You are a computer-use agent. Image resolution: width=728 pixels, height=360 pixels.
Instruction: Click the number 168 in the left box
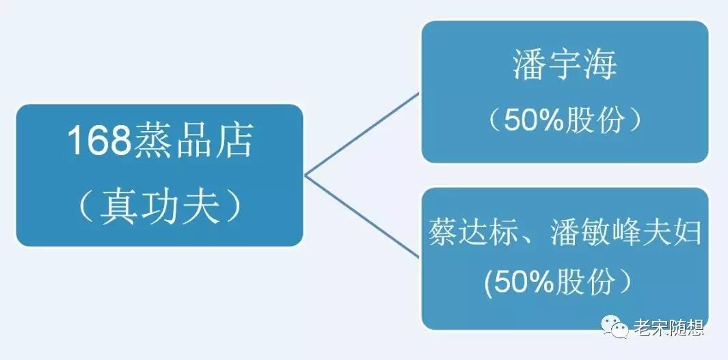98,141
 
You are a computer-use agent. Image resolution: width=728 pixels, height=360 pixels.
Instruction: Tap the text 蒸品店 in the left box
191,141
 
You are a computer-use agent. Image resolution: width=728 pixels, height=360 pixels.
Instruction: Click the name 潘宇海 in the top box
565,66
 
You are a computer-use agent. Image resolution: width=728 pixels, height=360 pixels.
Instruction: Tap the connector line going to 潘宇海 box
362,134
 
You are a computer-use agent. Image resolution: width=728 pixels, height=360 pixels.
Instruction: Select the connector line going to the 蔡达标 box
362,216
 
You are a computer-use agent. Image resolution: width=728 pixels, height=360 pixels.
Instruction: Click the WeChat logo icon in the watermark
617,329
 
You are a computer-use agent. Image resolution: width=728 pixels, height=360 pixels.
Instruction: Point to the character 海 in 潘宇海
599,66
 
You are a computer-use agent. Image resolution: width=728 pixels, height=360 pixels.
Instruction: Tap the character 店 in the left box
232,141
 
